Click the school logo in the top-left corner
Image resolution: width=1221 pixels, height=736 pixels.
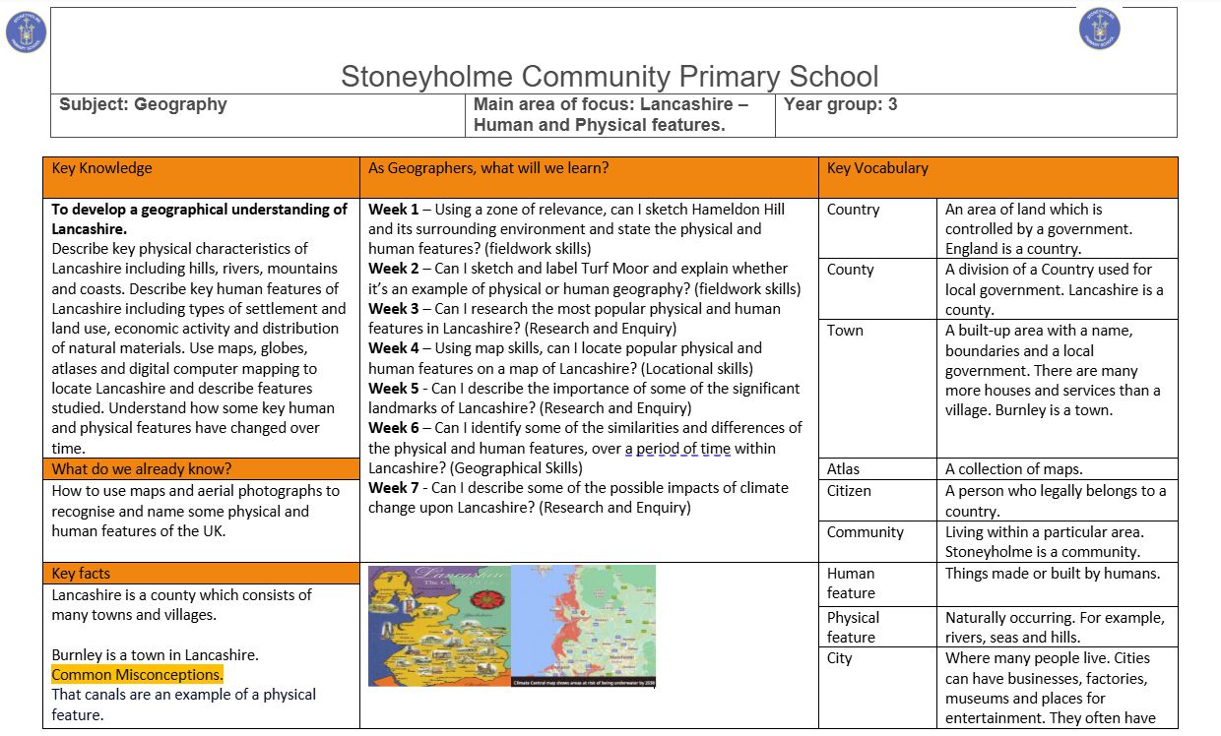point(26,31)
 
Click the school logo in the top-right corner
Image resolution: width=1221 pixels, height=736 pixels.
point(1099,29)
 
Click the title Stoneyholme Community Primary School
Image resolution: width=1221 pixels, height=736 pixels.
point(610,76)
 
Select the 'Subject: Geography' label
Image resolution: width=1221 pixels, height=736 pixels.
point(143,104)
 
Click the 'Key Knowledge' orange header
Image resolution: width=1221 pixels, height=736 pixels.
point(102,168)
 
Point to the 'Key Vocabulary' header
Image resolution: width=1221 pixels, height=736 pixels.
point(877,168)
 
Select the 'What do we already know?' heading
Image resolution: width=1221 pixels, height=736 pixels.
point(142,469)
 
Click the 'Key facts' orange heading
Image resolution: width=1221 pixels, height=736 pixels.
point(82,574)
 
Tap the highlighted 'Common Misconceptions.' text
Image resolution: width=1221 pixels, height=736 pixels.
point(137,675)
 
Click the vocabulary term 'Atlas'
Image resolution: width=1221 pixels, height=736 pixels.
point(844,469)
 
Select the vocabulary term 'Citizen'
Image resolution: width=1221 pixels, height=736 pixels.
point(849,490)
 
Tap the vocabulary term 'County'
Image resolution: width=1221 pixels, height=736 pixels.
point(851,270)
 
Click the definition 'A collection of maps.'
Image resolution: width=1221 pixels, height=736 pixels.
point(1014,469)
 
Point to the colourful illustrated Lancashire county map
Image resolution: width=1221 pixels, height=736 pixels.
point(439,625)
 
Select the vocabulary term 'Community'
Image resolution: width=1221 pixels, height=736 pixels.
point(865,532)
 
